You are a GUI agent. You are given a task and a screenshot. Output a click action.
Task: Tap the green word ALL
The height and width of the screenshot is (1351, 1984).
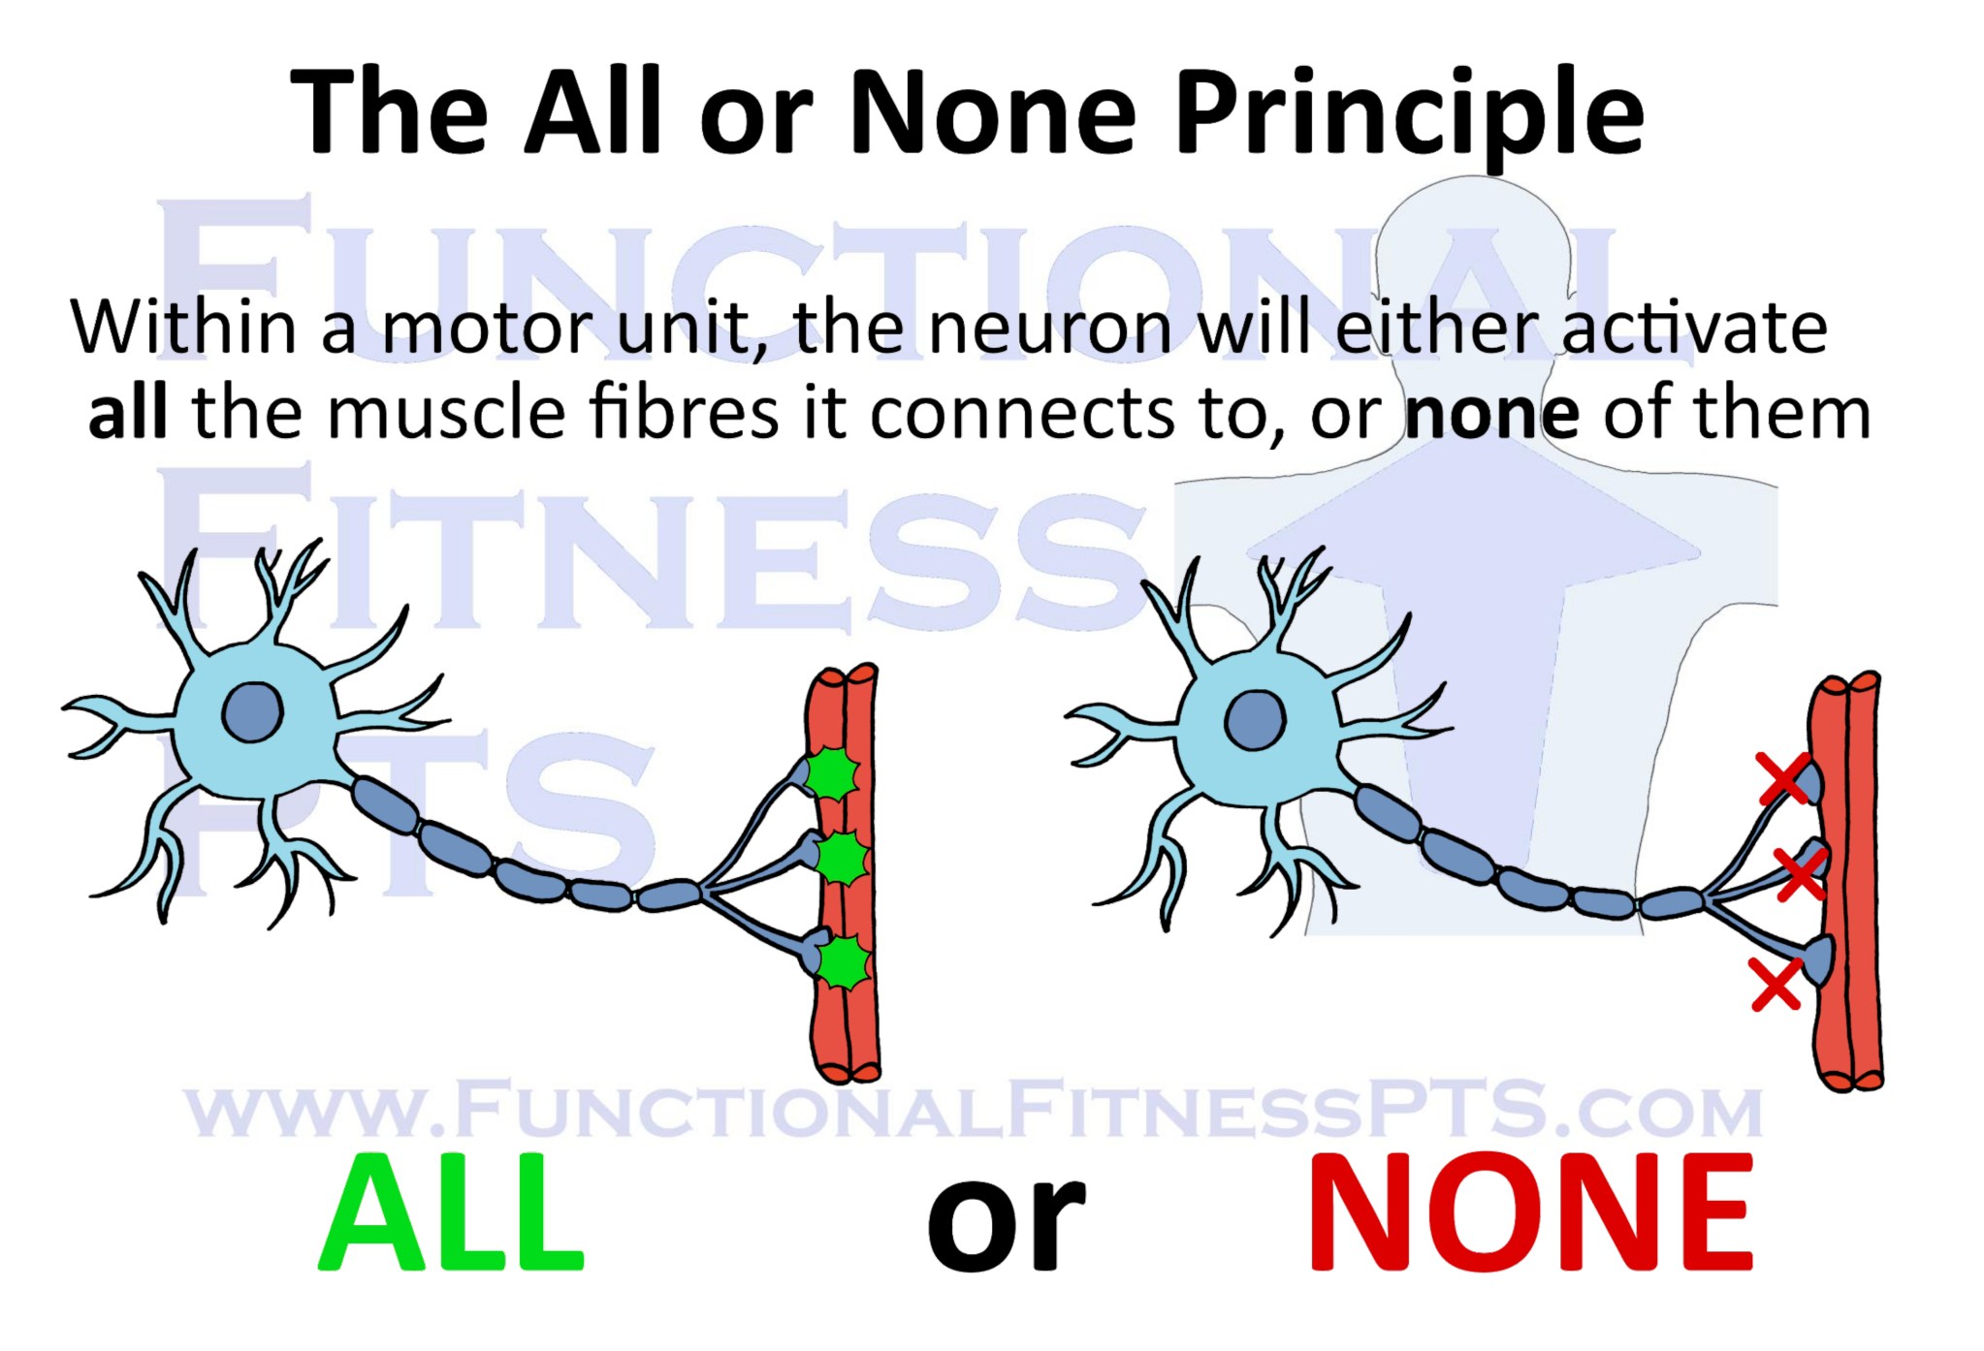(x=451, y=1212)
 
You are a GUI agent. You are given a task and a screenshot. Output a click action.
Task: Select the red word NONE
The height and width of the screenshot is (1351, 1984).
(x=1531, y=1212)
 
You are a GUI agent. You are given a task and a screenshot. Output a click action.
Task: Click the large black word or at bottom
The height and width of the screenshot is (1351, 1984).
(x=1006, y=1223)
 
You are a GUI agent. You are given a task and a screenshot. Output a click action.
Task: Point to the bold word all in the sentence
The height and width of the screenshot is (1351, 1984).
(x=127, y=413)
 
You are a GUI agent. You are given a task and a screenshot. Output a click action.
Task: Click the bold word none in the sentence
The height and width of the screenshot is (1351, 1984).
(x=1491, y=415)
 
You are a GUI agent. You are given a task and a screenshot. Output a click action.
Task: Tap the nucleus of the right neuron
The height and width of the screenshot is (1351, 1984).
(x=1255, y=720)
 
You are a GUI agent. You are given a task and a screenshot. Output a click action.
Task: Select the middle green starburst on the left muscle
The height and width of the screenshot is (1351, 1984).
(x=840, y=858)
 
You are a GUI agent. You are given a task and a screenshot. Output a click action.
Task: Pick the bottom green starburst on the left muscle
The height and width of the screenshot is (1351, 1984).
(x=844, y=961)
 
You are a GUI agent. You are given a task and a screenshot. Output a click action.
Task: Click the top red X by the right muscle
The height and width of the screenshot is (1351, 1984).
(x=1784, y=779)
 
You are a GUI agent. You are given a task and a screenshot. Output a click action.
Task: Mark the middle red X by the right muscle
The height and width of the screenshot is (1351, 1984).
(x=1801, y=872)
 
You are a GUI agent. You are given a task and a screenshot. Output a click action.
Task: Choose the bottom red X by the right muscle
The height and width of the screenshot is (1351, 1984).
(x=1776, y=984)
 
